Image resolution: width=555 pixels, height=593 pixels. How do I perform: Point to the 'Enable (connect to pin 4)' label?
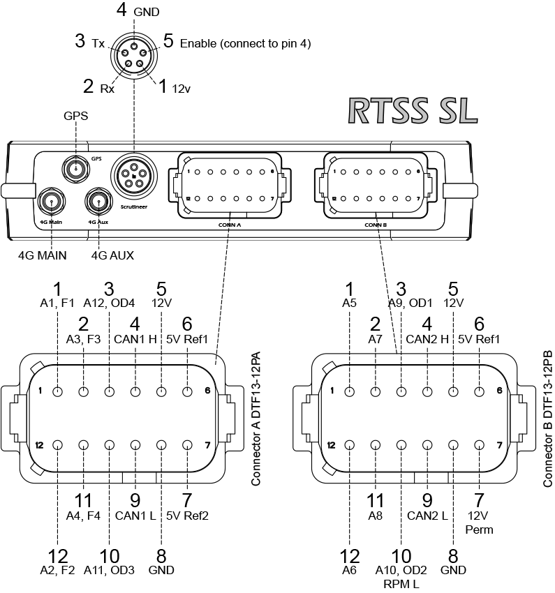[245, 43]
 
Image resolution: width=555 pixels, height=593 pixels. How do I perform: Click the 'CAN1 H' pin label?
[135, 339]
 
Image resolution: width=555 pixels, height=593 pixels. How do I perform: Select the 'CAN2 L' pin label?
[427, 516]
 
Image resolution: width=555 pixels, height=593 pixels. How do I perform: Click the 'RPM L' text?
[401, 584]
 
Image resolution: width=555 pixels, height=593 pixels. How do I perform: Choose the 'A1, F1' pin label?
[57, 303]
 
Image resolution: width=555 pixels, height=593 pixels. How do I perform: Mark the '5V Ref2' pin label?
[187, 516]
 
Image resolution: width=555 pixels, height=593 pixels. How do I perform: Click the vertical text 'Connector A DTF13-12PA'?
[256, 418]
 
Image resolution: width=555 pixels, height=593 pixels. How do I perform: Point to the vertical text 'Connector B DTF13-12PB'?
[548, 418]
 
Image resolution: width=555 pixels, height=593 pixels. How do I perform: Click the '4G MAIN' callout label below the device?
[43, 255]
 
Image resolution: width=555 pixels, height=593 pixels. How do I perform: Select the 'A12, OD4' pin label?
[109, 303]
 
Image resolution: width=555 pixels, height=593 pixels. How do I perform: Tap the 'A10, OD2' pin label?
[401, 570]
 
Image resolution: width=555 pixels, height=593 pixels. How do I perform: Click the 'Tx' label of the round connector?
[98, 43]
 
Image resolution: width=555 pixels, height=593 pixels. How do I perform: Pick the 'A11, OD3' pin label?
[109, 570]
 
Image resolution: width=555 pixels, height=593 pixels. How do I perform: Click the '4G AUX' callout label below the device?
[112, 255]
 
